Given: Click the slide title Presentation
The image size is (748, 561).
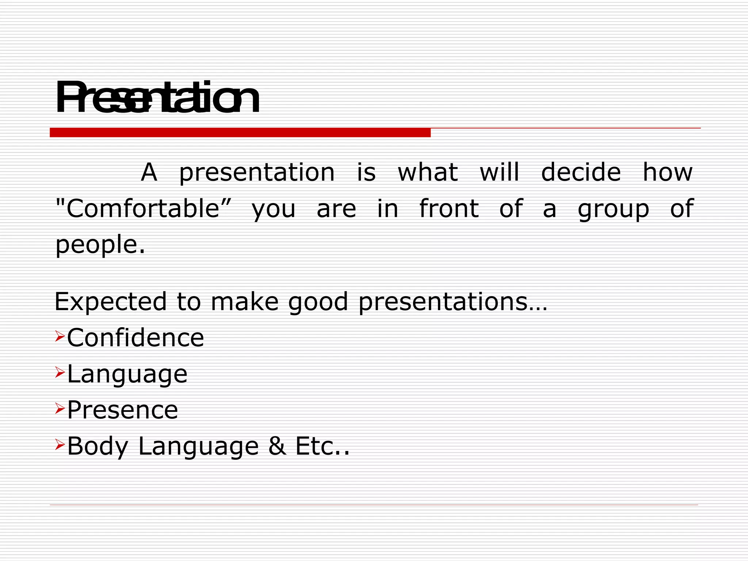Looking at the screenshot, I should [x=157, y=98].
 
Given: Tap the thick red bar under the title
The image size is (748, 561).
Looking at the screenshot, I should [x=240, y=133].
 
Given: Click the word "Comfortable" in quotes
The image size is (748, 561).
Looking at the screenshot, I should [x=143, y=209].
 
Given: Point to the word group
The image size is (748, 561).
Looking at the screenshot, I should [x=613, y=209].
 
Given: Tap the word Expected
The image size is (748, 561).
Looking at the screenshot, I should [x=111, y=302].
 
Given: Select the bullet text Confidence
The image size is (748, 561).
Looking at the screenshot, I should [x=136, y=338].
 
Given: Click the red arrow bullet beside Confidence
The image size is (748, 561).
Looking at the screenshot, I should [x=60, y=336].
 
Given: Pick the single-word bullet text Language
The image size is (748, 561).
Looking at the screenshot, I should [x=127, y=374].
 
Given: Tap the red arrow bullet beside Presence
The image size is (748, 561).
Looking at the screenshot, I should [x=60, y=408].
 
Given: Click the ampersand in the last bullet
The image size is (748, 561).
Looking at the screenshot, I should [x=277, y=446].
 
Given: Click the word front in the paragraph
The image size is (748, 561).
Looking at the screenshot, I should [x=449, y=209].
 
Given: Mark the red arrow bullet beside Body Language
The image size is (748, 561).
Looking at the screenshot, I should [x=60, y=444].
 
